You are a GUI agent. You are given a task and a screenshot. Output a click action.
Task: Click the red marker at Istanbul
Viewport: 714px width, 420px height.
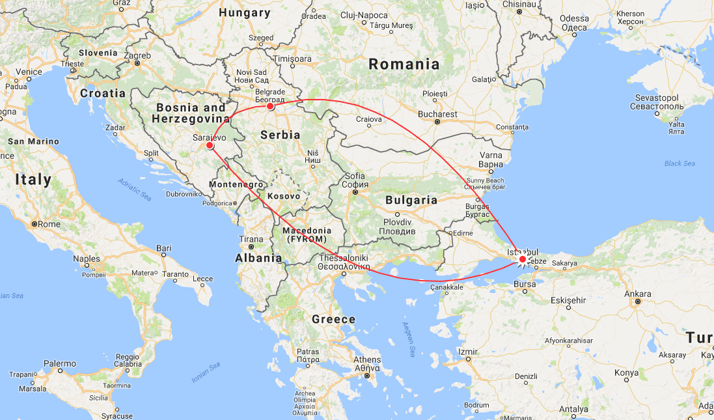point(523,259)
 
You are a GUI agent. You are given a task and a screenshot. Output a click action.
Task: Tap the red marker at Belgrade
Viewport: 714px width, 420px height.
point(270,106)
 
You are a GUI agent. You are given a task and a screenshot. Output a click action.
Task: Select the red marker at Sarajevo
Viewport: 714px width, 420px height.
point(210,146)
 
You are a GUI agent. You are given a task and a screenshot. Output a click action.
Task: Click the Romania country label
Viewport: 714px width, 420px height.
point(404,64)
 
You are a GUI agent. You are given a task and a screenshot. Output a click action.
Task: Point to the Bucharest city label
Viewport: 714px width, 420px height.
point(438,114)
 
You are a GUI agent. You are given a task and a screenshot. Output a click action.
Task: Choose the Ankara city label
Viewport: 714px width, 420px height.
point(638,294)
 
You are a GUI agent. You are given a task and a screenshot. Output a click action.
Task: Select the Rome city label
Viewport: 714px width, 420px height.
point(49,224)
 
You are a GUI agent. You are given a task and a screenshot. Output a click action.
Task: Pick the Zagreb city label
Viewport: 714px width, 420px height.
point(138,56)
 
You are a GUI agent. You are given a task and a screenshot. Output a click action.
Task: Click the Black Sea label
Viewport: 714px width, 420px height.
point(680,163)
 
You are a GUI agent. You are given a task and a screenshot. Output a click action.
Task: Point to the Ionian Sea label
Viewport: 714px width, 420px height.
point(206,373)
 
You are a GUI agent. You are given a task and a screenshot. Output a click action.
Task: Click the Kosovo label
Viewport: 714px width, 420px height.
point(284,195)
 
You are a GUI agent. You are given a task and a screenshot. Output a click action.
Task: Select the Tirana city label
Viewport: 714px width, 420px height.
point(251,239)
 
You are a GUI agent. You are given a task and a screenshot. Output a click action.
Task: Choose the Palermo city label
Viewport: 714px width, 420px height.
point(60,363)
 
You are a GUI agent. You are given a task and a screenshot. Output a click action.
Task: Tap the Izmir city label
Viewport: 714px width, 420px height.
point(468,352)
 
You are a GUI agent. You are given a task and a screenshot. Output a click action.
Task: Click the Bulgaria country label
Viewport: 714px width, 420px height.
point(411,200)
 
